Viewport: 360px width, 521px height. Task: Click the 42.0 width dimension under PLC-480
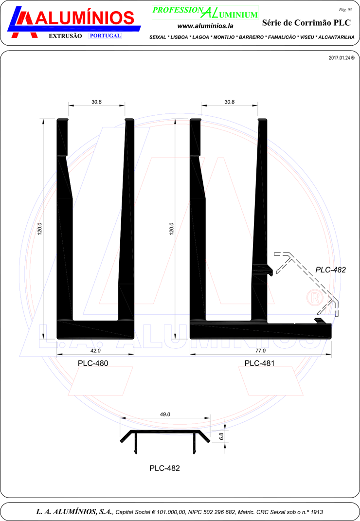(95, 351)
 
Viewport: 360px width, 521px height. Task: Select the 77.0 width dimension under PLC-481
(261, 351)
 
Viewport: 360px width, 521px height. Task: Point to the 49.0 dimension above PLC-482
(165, 414)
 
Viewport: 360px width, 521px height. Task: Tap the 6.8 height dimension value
(222, 436)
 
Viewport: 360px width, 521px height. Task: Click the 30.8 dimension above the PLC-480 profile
(96, 102)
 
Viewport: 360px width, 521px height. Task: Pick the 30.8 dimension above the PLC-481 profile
(229, 102)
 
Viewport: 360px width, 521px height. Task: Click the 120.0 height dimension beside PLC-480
(39, 229)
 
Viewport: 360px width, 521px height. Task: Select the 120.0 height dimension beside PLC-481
(172, 229)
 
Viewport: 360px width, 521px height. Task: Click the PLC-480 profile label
(93, 363)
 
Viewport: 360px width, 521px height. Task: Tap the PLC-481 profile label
(260, 363)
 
